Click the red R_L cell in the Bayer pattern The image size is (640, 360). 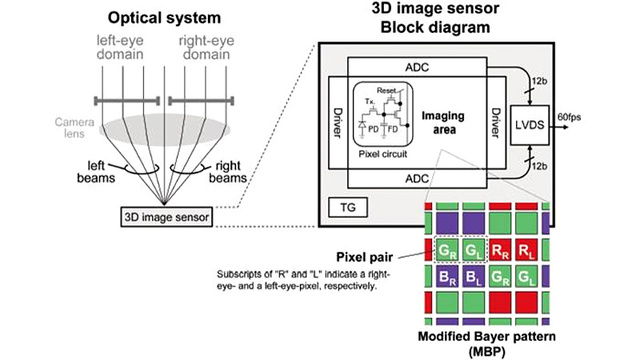click(525, 249)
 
